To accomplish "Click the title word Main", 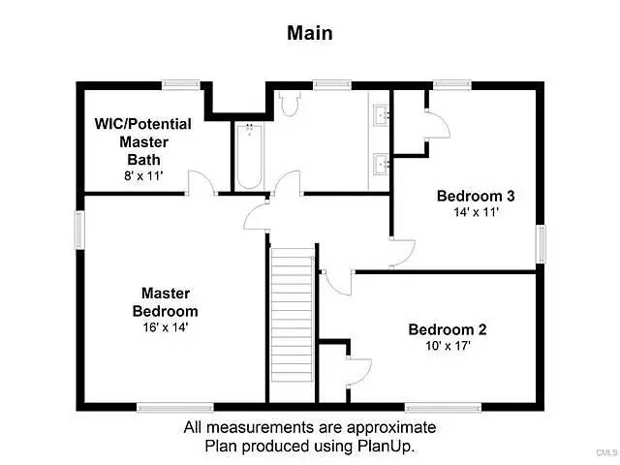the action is [310, 33].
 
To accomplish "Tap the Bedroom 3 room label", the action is [476, 196].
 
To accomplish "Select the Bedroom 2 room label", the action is [448, 329].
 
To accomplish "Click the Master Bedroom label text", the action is [166, 302].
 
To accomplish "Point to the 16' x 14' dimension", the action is [166, 327].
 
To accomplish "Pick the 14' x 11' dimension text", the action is [476, 212].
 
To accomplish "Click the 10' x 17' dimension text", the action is [448, 346].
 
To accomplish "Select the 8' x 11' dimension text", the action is [143, 175].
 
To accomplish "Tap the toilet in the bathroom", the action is [290, 104].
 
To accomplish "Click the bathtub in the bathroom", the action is [250, 157].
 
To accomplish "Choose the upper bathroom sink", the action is [382, 114].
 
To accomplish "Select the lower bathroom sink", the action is [382, 164].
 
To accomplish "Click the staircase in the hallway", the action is [293, 315].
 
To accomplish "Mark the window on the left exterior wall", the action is [79, 231].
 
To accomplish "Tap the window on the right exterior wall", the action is [541, 244].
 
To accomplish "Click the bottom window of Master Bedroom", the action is [175, 407].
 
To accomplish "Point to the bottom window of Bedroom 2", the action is [444, 407].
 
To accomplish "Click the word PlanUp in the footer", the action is [386, 446].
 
